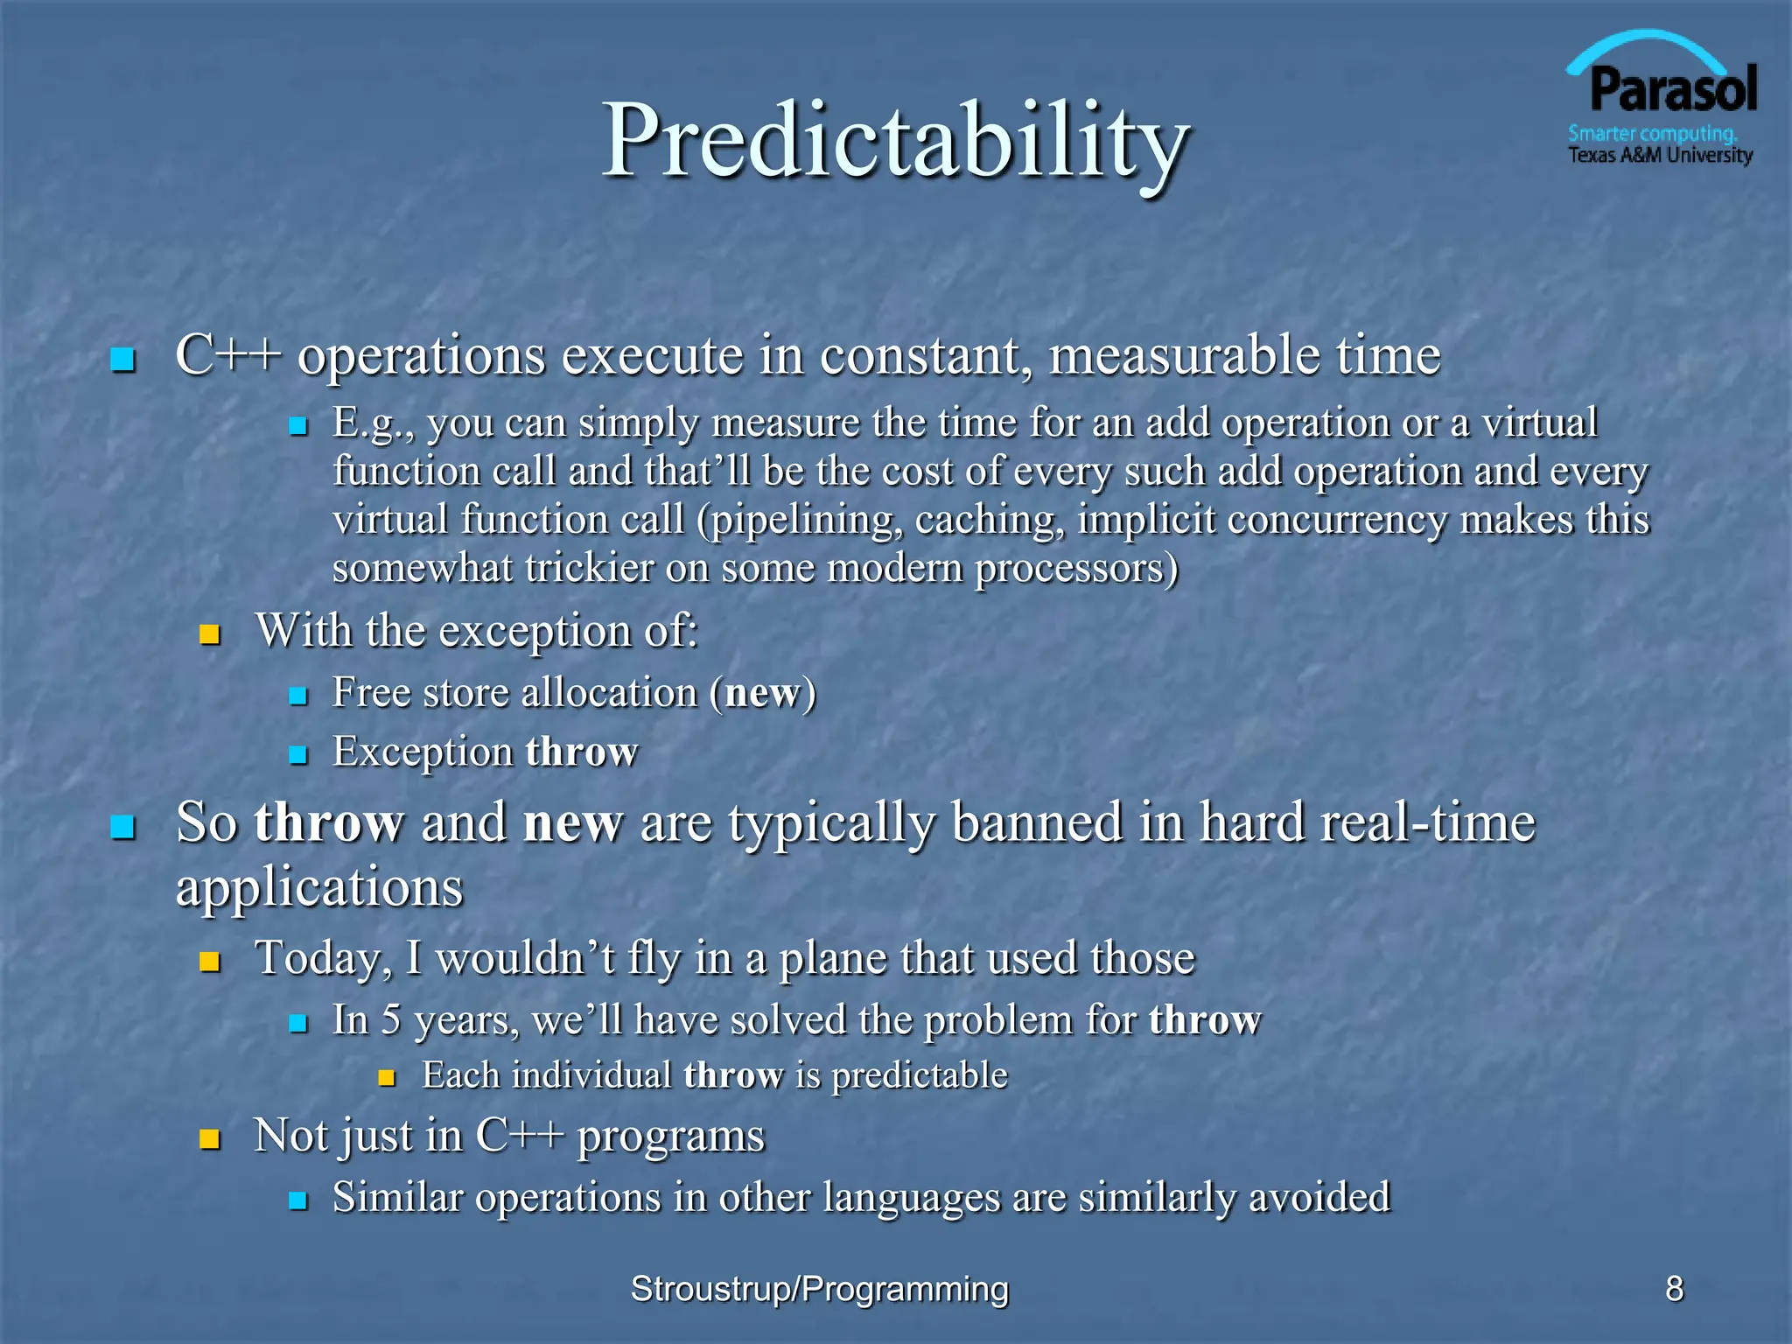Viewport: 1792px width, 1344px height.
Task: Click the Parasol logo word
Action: [x=1672, y=90]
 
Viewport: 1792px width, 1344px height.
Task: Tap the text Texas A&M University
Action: [x=1660, y=156]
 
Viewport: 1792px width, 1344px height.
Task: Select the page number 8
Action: [x=1674, y=1288]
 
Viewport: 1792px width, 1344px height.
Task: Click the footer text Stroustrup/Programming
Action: [x=820, y=1289]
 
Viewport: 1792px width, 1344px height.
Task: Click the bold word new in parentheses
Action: [x=762, y=693]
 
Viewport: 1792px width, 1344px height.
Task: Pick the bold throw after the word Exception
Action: [x=582, y=752]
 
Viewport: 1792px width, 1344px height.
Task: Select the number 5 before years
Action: [x=391, y=1020]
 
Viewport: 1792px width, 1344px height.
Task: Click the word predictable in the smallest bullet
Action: [x=920, y=1075]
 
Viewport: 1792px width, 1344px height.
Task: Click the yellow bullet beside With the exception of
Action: [x=209, y=633]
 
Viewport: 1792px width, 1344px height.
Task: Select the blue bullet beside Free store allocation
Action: [x=298, y=696]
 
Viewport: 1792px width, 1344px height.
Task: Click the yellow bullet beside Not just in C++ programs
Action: [x=209, y=1138]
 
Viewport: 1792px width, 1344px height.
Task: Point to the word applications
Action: [x=319, y=888]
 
